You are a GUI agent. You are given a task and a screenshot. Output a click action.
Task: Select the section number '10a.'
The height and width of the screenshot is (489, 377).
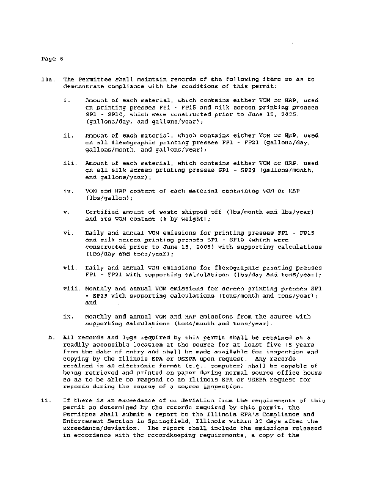(x=46, y=79)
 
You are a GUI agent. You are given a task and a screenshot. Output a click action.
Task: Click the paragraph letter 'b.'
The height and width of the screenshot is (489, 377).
(x=51, y=337)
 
